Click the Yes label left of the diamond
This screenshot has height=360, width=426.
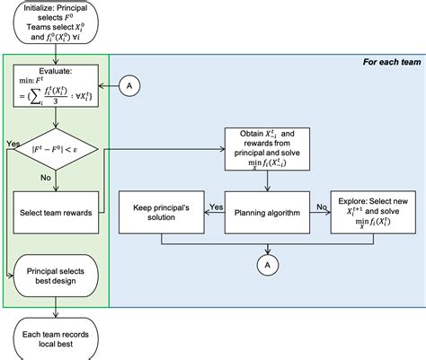tap(12, 143)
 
